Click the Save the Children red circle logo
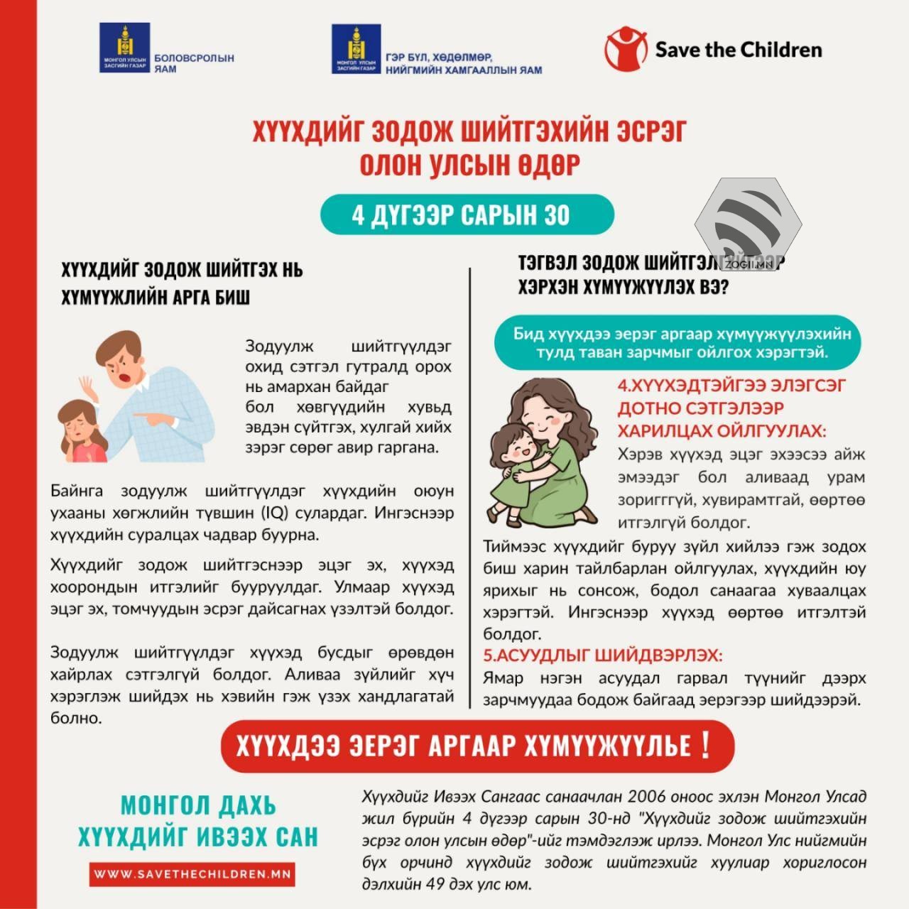[x=626, y=49]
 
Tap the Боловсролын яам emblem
[x=125, y=48]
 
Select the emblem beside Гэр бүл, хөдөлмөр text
[x=356, y=48]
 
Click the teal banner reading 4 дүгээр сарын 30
[x=466, y=214]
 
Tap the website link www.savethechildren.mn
[x=192, y=874]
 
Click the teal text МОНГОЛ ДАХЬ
[x=197, y=806]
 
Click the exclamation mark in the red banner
[x=704, y=745]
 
